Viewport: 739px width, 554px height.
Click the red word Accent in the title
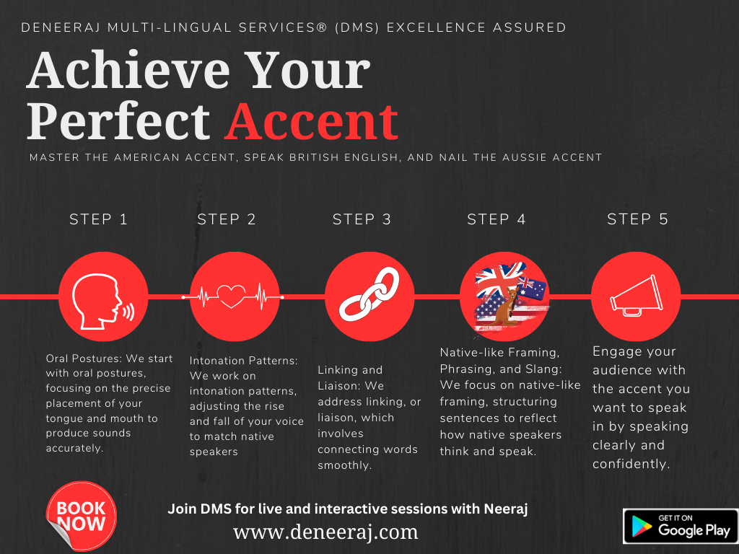pyautogui.click(x=312, y=121)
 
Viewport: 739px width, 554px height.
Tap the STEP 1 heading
pyautogui.click(x=98, y=219)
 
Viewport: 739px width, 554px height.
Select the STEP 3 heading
pyautogui.click(x=362, y=219)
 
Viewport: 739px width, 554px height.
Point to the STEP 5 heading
pyautogui.click(x=637, y=219)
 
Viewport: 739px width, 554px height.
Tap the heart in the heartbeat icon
pyautogui.click(x=231, y=296)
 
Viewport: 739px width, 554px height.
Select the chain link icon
pyautogui.click(x=369, y=295)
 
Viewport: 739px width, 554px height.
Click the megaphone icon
pyautogui.click(x=637, y=296)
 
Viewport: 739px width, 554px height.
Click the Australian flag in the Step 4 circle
pyautogui.click(x=532, y=289)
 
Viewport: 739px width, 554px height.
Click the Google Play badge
pyautogui.click(x=681, y=526)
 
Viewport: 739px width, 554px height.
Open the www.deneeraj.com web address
pyautogui.click(x=325, y=532)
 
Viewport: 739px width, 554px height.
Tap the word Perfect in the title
pyautogui.click(x=118, y=121)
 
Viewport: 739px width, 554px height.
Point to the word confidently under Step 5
pyautogui.click(x=631, y=464)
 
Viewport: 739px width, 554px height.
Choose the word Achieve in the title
pyautogui.click(x=128, y=70)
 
